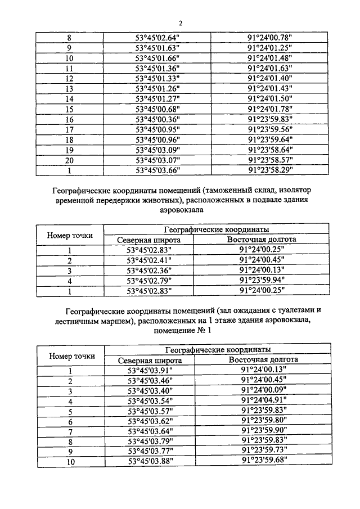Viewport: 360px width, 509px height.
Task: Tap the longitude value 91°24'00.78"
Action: pos(269,38)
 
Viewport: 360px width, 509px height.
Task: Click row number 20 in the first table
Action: pos(69,160)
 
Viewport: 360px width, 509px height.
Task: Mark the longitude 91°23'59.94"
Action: pos(262,281)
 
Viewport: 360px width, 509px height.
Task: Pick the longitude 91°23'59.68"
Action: pos(264,461)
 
